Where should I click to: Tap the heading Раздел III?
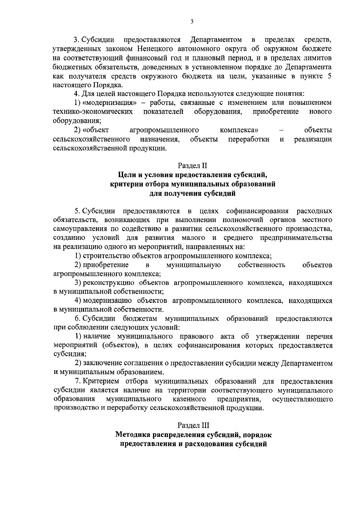pyautogui.click(x=192, y=425)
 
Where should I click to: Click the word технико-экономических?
pyautogui.click(x=93, y=112)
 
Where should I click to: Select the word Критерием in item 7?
pyautogui.click(x=100, y=381)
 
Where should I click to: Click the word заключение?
pyautogui.click(x=100, y=363)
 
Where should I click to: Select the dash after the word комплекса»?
pyautogui.click(x=281, y=130)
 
